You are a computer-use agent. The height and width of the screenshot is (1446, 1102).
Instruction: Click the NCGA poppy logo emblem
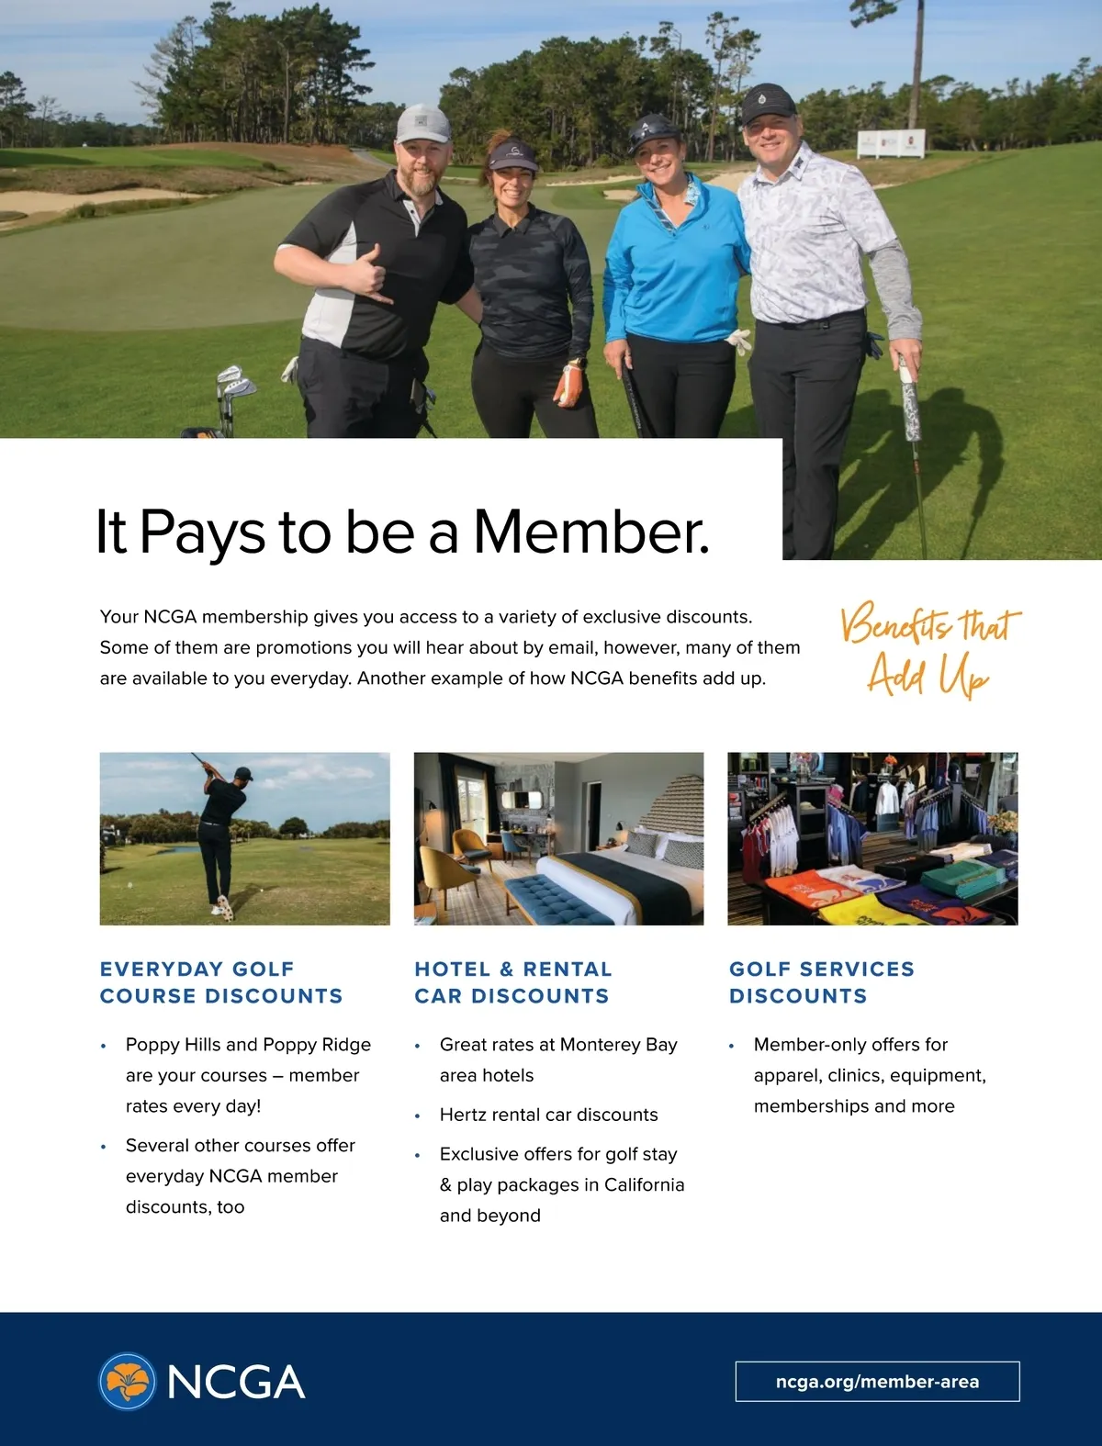128,1381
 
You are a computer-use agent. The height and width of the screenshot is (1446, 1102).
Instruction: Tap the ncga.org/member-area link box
877,1381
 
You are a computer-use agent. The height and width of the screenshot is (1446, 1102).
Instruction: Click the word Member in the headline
590,532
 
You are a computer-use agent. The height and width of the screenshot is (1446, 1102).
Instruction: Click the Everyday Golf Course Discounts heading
220,982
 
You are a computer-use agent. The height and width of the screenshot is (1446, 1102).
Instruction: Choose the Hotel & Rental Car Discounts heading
512,982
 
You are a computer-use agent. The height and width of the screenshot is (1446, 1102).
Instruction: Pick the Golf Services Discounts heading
821,982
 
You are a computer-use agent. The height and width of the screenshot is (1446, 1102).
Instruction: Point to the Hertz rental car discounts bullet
548,1115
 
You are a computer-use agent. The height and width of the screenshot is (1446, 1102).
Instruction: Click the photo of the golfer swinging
244,838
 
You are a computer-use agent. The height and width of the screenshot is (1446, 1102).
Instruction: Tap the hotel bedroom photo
558,838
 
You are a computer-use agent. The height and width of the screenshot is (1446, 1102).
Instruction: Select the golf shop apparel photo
872,838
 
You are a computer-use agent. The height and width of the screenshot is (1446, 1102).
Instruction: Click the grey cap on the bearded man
423,123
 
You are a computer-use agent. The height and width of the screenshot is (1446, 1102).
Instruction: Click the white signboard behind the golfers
891,144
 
